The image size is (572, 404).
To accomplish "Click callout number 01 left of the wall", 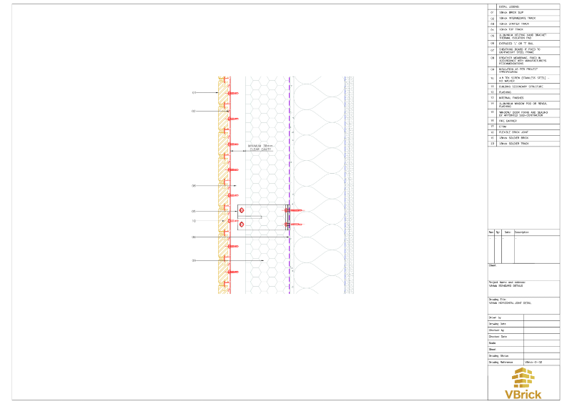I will coord(194,93).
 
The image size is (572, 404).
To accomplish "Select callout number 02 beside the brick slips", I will coord(194,112).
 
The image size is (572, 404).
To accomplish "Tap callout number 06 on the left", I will coord(194,186).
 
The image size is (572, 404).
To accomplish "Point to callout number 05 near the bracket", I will coord(194,212).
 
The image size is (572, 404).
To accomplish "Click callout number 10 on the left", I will coord(194,221).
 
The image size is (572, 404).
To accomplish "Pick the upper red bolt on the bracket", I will coord(242,210).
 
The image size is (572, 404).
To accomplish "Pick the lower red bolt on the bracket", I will coord(242,225).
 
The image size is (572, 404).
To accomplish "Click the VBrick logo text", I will coord(523,393).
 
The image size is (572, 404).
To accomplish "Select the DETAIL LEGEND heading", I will coord(509,6).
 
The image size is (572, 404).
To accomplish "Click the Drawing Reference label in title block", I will coord(503,362).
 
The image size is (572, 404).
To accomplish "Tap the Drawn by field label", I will coord(495,317).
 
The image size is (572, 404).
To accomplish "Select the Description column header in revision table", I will coord(522,232).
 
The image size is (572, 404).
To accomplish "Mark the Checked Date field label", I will coord(498,336).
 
